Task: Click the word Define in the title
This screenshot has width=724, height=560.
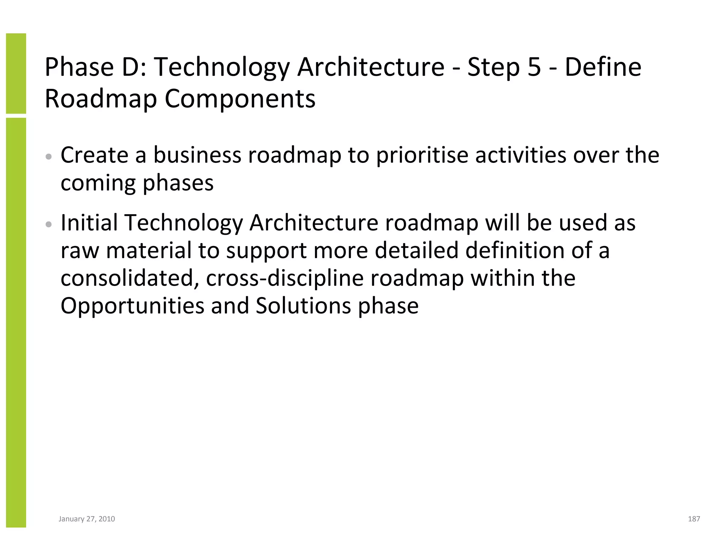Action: (603, 67)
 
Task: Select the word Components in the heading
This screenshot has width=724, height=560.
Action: (240, 99)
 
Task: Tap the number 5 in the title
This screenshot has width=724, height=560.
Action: (534, 67)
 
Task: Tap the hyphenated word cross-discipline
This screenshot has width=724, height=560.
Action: (285, 278)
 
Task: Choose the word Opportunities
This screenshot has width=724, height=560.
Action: (132, 306)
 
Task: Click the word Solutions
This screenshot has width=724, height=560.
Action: (303, 306)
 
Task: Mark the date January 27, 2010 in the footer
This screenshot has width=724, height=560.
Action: (87, 519)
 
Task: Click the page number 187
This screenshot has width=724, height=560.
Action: (694, 519)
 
